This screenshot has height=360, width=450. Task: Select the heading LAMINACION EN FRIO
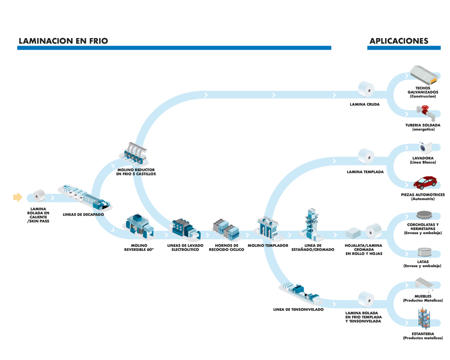(63, 41)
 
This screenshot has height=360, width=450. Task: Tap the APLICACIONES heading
(399, 41)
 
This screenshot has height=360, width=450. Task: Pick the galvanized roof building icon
(424, 76)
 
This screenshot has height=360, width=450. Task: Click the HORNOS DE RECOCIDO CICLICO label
(227, 247)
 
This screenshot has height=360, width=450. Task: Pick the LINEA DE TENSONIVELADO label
(298, 309)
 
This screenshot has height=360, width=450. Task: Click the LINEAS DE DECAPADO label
(83, 214)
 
